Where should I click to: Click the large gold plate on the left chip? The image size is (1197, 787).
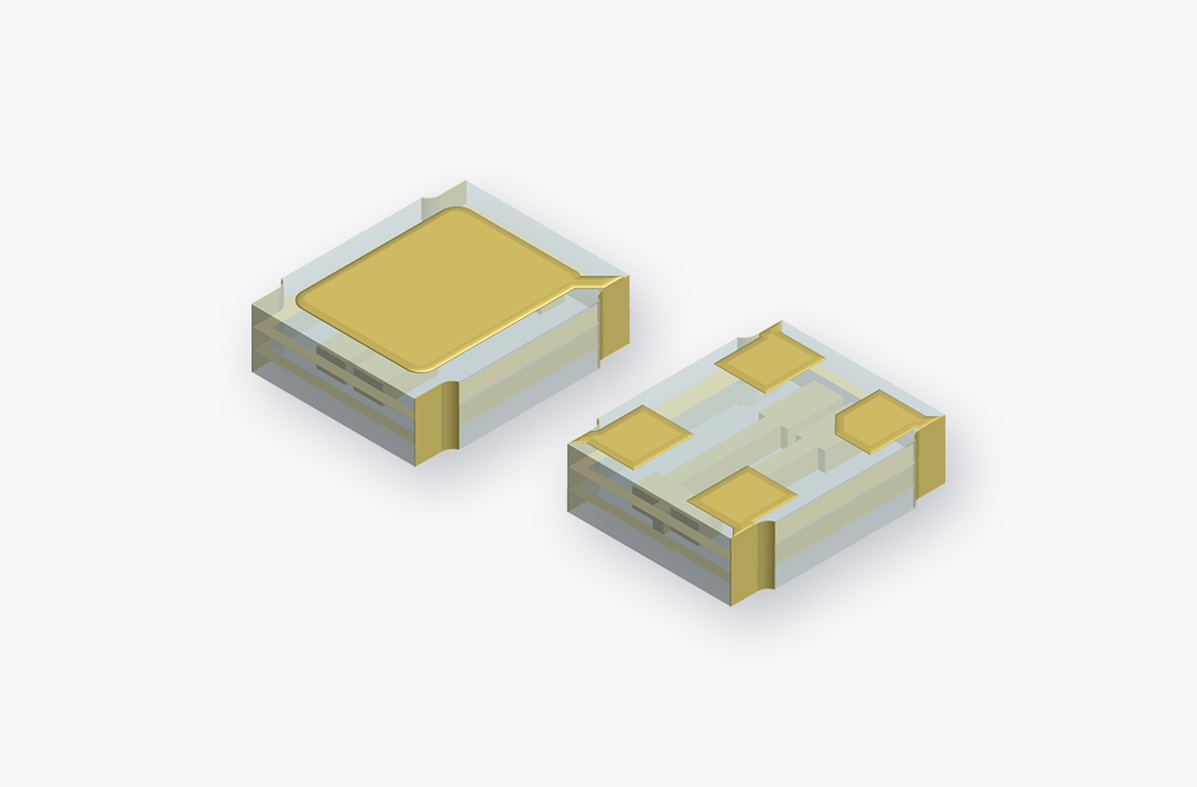point(441,288)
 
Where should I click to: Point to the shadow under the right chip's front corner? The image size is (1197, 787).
point(756,625)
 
